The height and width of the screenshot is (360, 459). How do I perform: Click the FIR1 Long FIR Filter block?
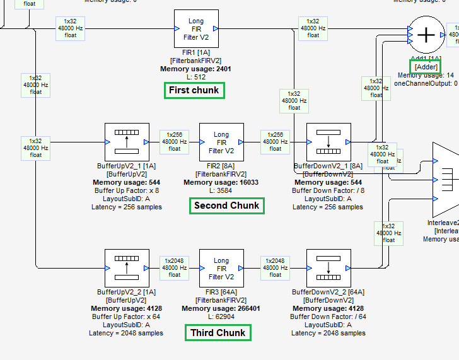[x=196, y=29]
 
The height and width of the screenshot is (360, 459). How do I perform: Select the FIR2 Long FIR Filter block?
[x=221, y=142]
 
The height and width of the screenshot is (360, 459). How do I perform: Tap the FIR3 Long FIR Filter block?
[x=221, y=269]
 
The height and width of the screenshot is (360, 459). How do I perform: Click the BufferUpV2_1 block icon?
[x=126, y=142]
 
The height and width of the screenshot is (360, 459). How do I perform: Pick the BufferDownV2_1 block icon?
[x=328, y=142]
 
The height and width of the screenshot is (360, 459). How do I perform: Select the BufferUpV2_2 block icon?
[x=126, y=269]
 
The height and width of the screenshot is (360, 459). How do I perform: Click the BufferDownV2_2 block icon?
[x=328, y=269]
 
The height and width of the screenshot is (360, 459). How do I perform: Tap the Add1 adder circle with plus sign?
[x=427, y=35]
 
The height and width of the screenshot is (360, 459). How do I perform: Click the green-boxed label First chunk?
[x=194, y=90]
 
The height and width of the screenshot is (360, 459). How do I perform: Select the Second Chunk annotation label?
[x=226, y=206]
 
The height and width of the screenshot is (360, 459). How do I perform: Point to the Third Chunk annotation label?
[x=218, y=332]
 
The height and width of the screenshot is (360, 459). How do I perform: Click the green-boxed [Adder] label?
[x=426, y=67]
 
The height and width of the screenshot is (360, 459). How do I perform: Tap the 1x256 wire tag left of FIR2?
[x=175, y=142]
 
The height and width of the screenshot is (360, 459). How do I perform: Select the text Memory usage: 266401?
[x=221, y=309]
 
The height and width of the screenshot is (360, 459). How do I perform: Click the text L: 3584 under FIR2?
[x=221, y=190]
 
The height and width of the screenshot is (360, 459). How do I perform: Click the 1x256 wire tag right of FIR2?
[x=276, y=142]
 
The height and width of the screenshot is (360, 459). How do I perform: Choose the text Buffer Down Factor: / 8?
[x=328, y=190]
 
